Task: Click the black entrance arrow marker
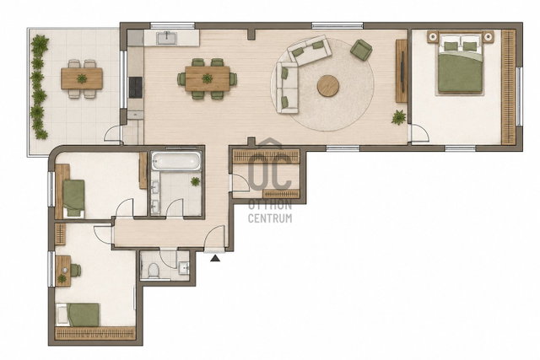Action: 215,258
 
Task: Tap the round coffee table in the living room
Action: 328,86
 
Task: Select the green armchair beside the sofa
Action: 361,50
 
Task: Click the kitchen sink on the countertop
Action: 167,38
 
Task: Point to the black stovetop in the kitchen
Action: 135,87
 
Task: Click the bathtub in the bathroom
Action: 176,161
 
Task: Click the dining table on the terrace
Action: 82,78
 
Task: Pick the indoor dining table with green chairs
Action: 208,78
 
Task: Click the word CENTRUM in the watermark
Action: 270,218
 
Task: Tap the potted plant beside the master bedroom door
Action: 398,117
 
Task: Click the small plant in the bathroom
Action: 195,181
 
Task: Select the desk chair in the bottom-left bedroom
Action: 76,270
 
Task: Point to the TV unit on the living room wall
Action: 402,72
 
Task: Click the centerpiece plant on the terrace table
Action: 82,78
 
